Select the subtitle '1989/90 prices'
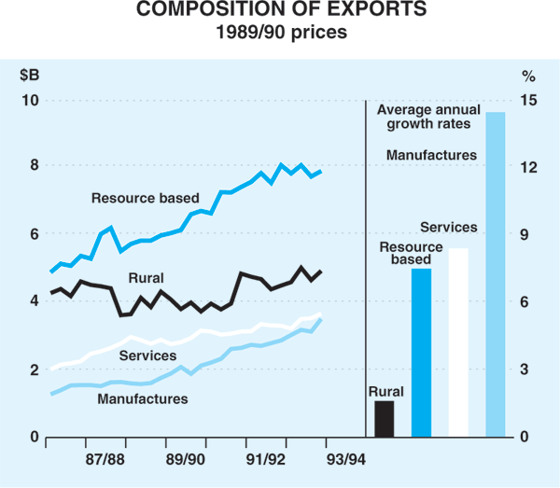(x=280, y=33)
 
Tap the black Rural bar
(x=384, y=419)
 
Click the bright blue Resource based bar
(x=421, y=353)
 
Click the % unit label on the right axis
(x=527, y=73)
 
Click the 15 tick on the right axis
(x=527, y=100)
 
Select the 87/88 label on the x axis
(x=105, y=460)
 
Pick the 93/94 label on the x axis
(x=346, y=460)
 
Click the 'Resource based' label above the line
(x=145, y=198)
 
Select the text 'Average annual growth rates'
(x=428, y=116)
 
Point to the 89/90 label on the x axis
(x=186, y=460)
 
